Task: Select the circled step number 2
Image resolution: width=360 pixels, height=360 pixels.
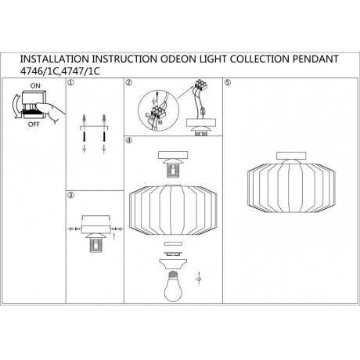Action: (129, 82)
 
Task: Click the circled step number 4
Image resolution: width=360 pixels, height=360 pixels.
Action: (129, 141)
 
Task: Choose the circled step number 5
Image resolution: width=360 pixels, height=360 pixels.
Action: (228, 82)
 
